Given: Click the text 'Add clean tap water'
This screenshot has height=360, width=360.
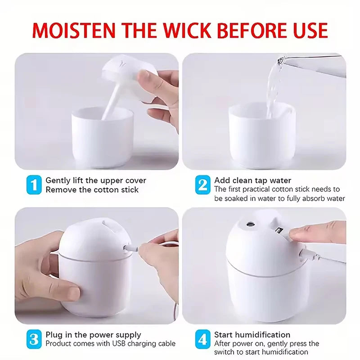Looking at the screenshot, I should pyautogui.click(x=252, y=180).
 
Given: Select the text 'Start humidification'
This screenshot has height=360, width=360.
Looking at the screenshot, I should pyautogui.click(x=252, y=335).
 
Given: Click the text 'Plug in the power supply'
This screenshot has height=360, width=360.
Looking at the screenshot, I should pyautogui.click(x=93, y=335).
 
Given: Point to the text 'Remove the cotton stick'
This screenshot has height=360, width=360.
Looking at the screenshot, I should pyautogui.click(x=92, y=189).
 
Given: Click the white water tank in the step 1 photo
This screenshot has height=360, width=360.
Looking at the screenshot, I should pyautogui.click(x=102, y=135).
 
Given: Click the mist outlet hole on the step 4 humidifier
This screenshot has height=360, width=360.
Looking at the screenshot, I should pyautogui.click(x=250, y=223).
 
